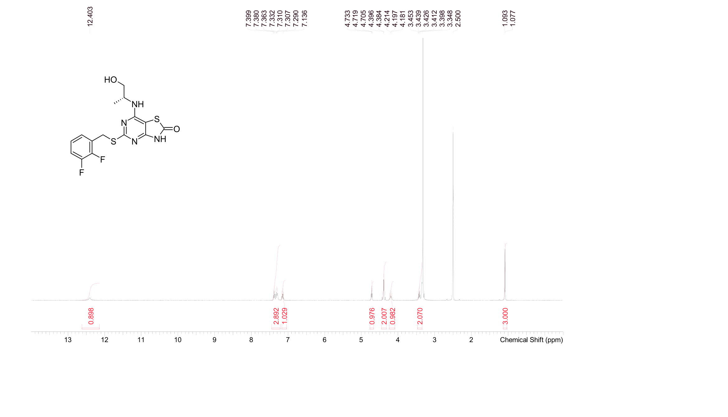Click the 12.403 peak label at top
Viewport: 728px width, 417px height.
[90, 16]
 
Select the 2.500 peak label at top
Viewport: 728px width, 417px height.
[458, 18]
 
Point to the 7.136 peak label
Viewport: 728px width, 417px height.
[305, 18]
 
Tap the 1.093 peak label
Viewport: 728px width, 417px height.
[505, 18]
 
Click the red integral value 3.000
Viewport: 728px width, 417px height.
[505, 316]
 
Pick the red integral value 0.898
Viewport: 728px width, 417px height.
[91, 316]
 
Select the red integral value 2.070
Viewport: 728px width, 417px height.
[420, 316]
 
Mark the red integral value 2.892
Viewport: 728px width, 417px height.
[276, 316]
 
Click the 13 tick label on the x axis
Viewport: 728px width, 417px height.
[68, 340]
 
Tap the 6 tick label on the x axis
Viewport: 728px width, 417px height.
[324, 340]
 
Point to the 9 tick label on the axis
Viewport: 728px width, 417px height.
[214, 340]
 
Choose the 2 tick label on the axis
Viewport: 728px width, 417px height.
[471, 340]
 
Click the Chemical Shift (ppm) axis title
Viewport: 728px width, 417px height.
[531, 340]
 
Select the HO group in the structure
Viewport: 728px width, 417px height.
[110, 80]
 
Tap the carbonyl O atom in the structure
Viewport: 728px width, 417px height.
[177, 129]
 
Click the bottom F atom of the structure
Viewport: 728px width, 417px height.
[82, 172]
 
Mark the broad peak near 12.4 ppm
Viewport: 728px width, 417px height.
[90, 298]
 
